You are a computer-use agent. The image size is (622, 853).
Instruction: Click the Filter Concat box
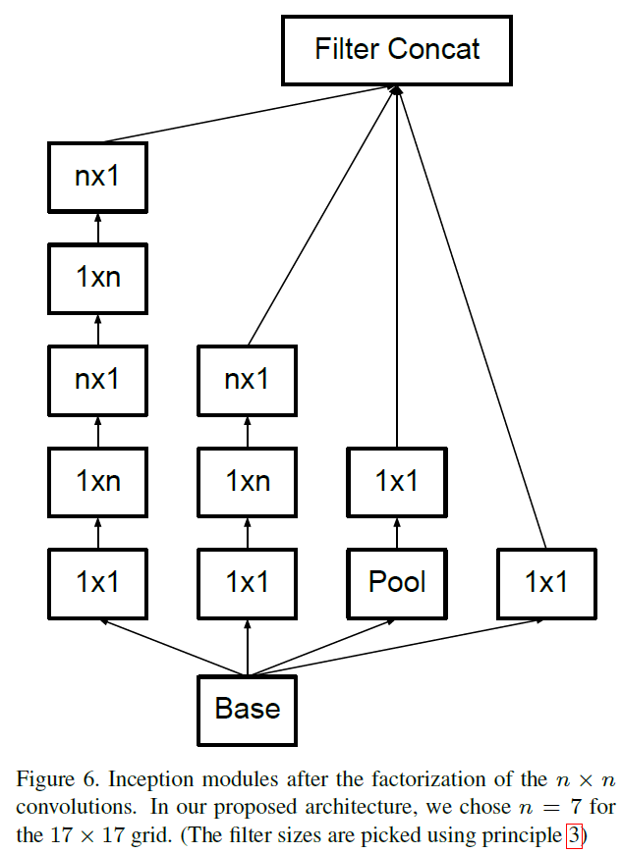pyautogui.click(x=397, y=50)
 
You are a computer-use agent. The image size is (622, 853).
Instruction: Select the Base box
pyautogui.click(x=247, y=709)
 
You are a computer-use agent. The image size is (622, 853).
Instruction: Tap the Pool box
pyautogui.click(x=397, y=582)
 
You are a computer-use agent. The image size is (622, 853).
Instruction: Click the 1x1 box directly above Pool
pyautogui.click(x=397, y=481)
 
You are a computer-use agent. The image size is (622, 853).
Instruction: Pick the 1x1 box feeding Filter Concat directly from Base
pyautogui.click(x=546, y=582)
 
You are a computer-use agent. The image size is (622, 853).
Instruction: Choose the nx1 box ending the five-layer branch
pyautogui.click(x=97, y=178)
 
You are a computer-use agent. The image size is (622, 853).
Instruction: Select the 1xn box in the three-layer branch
pyautogui.click(x=247, y=481)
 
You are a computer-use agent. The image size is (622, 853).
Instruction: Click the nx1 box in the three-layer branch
pyautogui.click(x=247, y=379)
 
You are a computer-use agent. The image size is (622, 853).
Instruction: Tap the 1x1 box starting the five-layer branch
pyautogui.click(x=97, y=582)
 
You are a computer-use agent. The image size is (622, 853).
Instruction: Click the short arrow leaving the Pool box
pyautogui.click(x=397, y=532)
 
